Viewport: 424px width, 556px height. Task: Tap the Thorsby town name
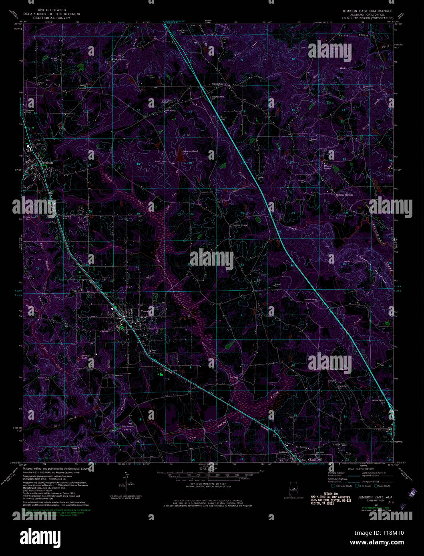click(145, 312)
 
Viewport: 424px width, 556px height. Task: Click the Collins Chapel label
click(241, 225)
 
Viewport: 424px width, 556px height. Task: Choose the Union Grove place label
click(219, 84)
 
